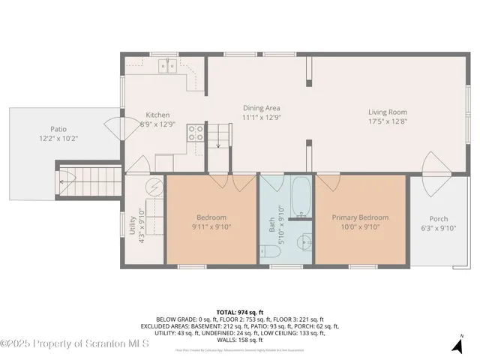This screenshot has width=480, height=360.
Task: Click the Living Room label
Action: point(388,112)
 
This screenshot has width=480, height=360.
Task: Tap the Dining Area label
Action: point(261,108)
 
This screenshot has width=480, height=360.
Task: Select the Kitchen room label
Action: point(157,115)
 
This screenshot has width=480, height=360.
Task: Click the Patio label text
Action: point(58,129)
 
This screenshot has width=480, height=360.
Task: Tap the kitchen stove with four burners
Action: point(195,133)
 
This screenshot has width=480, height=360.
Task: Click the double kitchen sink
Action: point(167,66)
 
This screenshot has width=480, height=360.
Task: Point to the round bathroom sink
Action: point(302,242)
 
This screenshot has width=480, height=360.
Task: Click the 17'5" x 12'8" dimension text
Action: point(388,121)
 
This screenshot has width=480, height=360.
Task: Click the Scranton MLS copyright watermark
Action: point(75,344)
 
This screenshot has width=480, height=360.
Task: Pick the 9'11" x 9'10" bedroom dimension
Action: point(212,227)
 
